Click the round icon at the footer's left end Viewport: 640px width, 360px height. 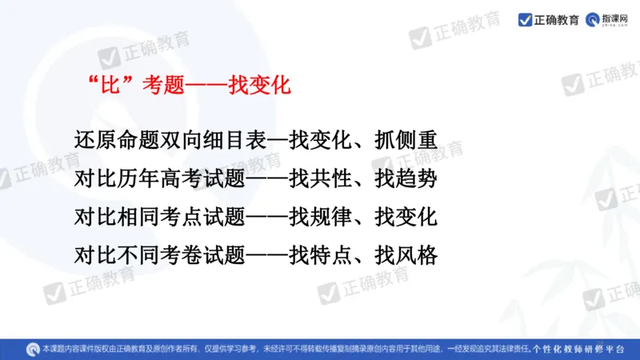31,349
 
